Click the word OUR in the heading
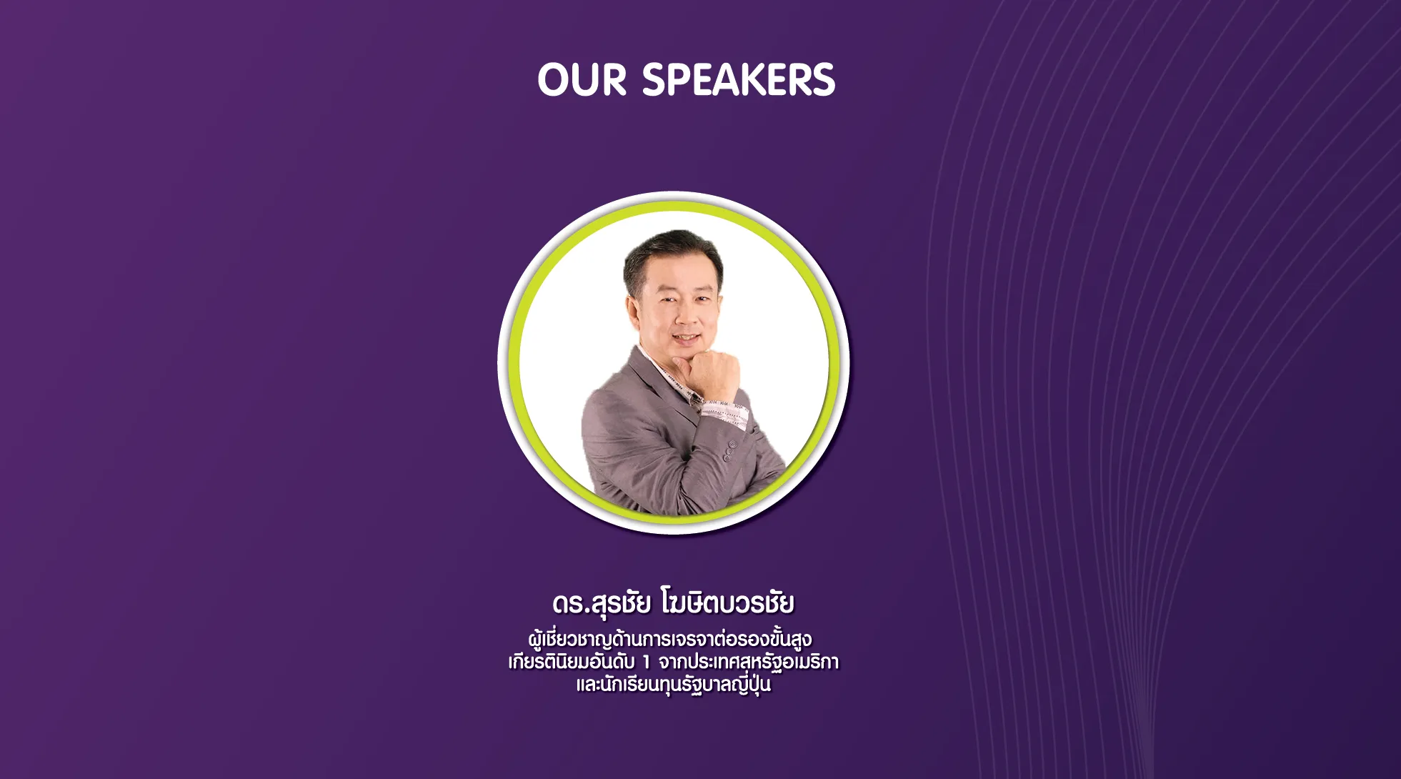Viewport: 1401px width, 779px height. [x=582, y=79]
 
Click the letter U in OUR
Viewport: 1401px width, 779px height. [x=584, y=79]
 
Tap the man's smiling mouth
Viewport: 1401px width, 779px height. [x=684, y=337]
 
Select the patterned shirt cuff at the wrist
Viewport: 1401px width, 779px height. [x=724, y=413]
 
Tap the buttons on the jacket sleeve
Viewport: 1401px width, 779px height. [x=729, y=450]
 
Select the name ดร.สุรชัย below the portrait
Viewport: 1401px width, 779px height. [x=601, y=603]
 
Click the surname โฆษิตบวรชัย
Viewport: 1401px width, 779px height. [x=727, y=602]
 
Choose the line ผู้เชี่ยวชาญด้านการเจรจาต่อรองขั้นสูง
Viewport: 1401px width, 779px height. [x=670, y=638]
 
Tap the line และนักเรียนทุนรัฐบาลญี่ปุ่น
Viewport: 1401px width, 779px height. [x=674, y=684]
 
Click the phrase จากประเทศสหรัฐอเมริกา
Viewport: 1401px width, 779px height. [x=749, y=663]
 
